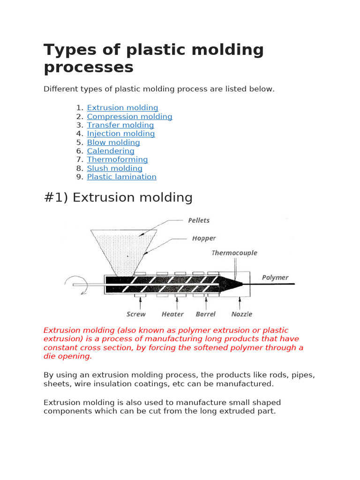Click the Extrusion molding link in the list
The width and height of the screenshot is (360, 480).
coord(122,108)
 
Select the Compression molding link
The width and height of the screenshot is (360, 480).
coord(129,117)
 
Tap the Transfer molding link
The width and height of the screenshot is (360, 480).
coord(120,125)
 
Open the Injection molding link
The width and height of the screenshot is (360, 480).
coord(120,134)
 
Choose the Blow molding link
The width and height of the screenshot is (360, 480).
coord(113,142)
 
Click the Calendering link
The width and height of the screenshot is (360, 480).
coord(110,151)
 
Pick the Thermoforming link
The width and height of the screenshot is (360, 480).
coord(117,159)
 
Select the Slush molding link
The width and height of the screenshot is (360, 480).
coord(114,168)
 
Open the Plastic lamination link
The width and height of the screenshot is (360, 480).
coord(121,177)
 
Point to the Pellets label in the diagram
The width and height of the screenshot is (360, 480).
coord(199,220)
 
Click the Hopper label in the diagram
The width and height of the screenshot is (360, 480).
coord(204,239)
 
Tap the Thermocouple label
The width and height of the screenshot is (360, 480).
coord(234,253)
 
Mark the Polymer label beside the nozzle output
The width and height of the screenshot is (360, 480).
coord(275,277)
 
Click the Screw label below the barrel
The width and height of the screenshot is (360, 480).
coord(136,314)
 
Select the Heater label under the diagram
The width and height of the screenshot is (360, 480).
coord(172,314)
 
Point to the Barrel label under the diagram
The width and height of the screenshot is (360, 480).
coord(206,314)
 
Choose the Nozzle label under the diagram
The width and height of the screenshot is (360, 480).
coord(242,314)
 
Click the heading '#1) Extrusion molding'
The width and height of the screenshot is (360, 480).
coord(118,197)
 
